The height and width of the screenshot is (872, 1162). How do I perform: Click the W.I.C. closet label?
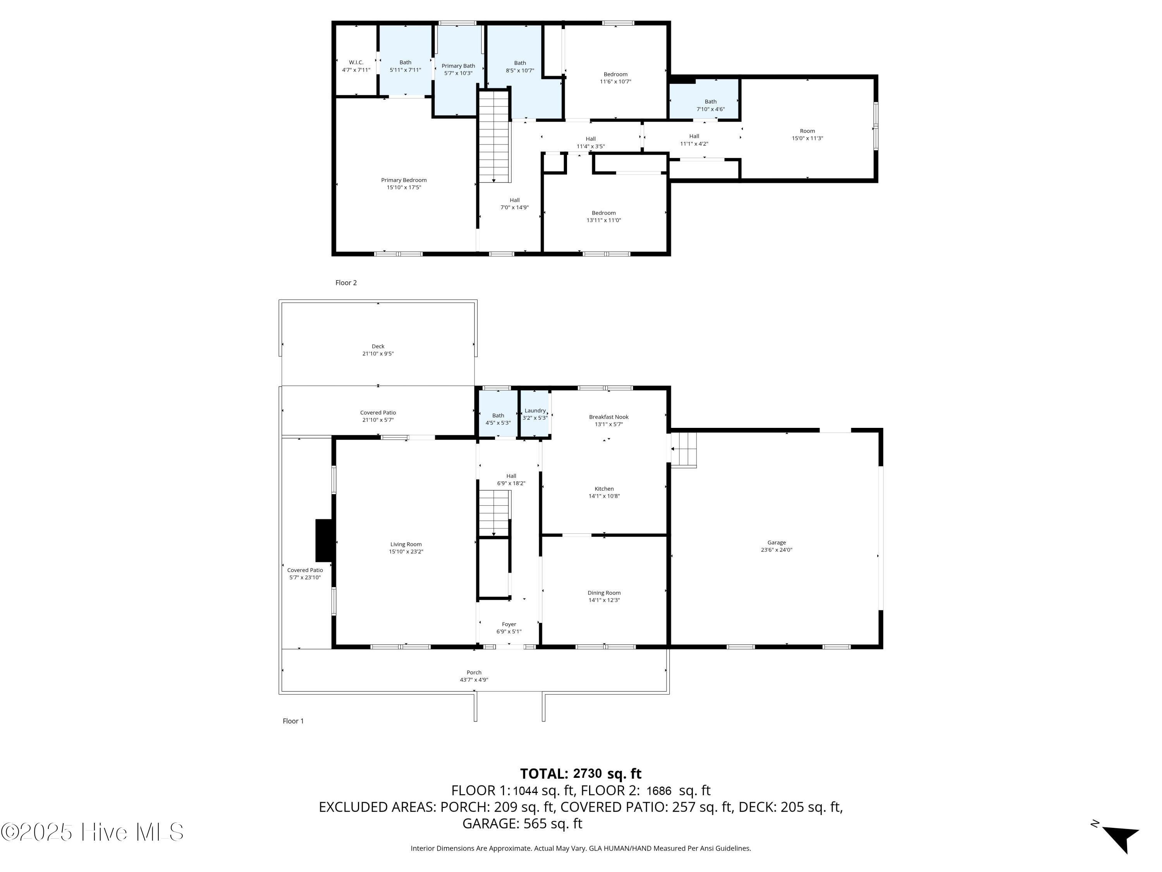coord(356,62)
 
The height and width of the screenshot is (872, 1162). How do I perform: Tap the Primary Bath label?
coord(458,66)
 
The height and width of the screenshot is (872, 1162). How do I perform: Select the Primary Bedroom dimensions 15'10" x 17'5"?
coord(404,188)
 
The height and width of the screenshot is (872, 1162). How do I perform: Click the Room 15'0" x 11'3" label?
coord(808,134)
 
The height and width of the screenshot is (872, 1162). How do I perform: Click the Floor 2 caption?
coord(346,283)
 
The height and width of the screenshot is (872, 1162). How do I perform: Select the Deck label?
coord(378,346)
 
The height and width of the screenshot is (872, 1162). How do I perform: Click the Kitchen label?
coord(604,489)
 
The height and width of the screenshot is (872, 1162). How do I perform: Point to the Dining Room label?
coord(604,593)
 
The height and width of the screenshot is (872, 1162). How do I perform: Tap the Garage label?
coord(777,543)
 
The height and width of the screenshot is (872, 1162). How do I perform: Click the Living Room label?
coord(406,545)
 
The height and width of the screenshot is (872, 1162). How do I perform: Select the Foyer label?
coord(509,624)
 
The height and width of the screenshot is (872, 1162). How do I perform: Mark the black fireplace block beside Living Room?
coord(324,540)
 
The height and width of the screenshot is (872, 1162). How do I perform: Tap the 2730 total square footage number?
coord(587,774)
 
